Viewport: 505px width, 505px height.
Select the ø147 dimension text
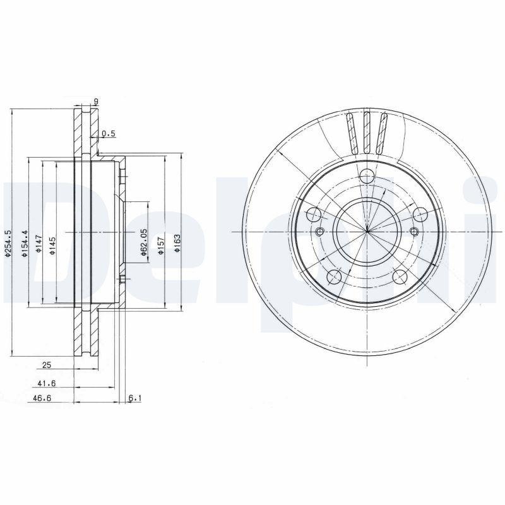[x=39, y=243]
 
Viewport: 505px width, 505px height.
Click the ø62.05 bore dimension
[x=145, y=242]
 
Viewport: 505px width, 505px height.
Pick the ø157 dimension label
[x=161, y=243]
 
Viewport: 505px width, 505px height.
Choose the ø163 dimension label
[x=178, y=243]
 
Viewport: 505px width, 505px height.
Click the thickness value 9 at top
[x=95, y=102]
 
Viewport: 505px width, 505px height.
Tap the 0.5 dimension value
[x=109, y=133]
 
